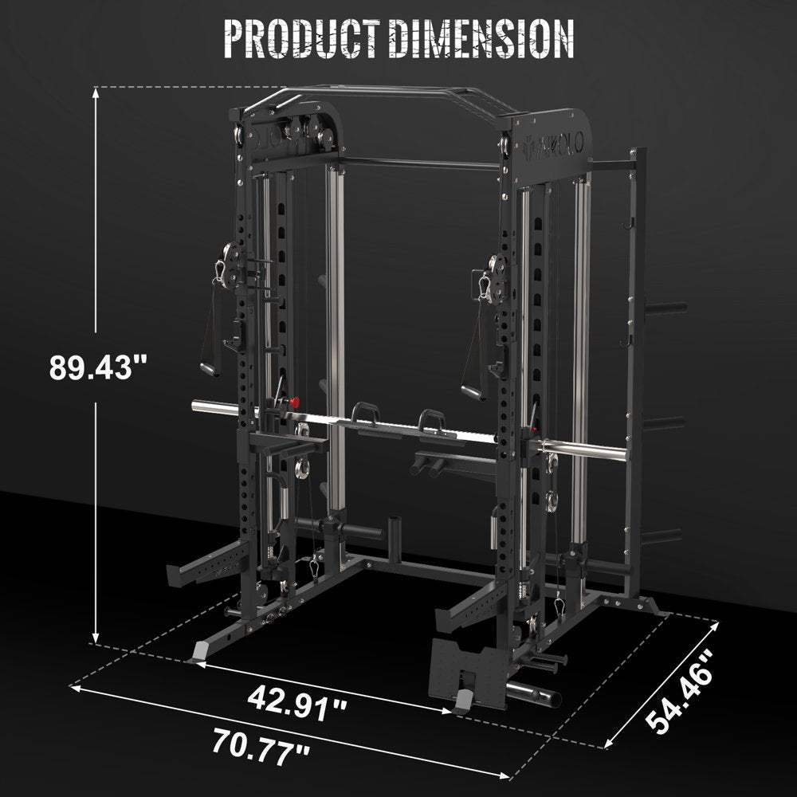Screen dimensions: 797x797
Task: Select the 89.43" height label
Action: [x=99, y=367]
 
